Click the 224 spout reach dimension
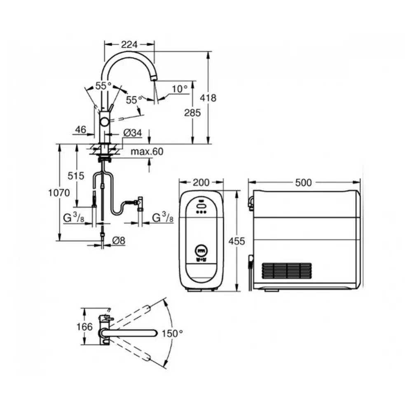click(129, 44)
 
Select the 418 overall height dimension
click(208, 98)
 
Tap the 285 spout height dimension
click(192, 113)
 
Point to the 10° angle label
click(180, 89)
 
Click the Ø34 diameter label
click(132, 133)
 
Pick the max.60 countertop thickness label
click(147, 152)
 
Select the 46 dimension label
click(81, 129)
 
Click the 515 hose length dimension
click(76, 176)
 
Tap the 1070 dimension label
click(59, 193)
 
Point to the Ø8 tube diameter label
click(119, 241)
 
